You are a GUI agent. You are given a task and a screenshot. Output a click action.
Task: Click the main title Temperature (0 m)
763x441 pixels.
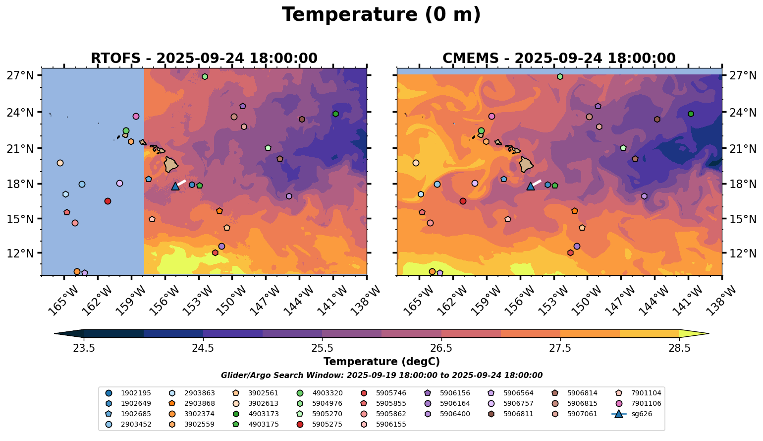(x=381, y=15)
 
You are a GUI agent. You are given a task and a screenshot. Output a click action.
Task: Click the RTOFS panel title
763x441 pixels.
(x=204, y=59)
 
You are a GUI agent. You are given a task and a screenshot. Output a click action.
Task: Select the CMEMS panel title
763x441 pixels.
(x=559, y=59)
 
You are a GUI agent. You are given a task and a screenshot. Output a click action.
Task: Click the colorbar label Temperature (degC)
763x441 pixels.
(x=381, y=362)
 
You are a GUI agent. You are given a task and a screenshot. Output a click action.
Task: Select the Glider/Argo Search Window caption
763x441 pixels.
(x=381, y=376)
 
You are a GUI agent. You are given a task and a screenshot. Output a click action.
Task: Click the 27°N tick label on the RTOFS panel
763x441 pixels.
(x=20, y=75)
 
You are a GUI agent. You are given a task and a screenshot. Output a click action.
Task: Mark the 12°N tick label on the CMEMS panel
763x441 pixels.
(x=742, y=253)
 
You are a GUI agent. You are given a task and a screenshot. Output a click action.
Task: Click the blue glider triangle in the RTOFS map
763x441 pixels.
(x=175, y=186)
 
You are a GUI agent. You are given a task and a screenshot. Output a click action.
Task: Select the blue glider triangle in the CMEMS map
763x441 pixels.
(x=530, y=186)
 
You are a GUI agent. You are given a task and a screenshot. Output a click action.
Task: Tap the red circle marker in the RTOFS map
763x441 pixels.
(x=108, y=201)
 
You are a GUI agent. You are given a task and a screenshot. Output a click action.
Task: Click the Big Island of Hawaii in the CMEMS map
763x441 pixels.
(x=526, y=164)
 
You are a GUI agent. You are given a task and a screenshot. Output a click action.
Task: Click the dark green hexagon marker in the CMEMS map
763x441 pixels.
(x=691, y=114)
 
